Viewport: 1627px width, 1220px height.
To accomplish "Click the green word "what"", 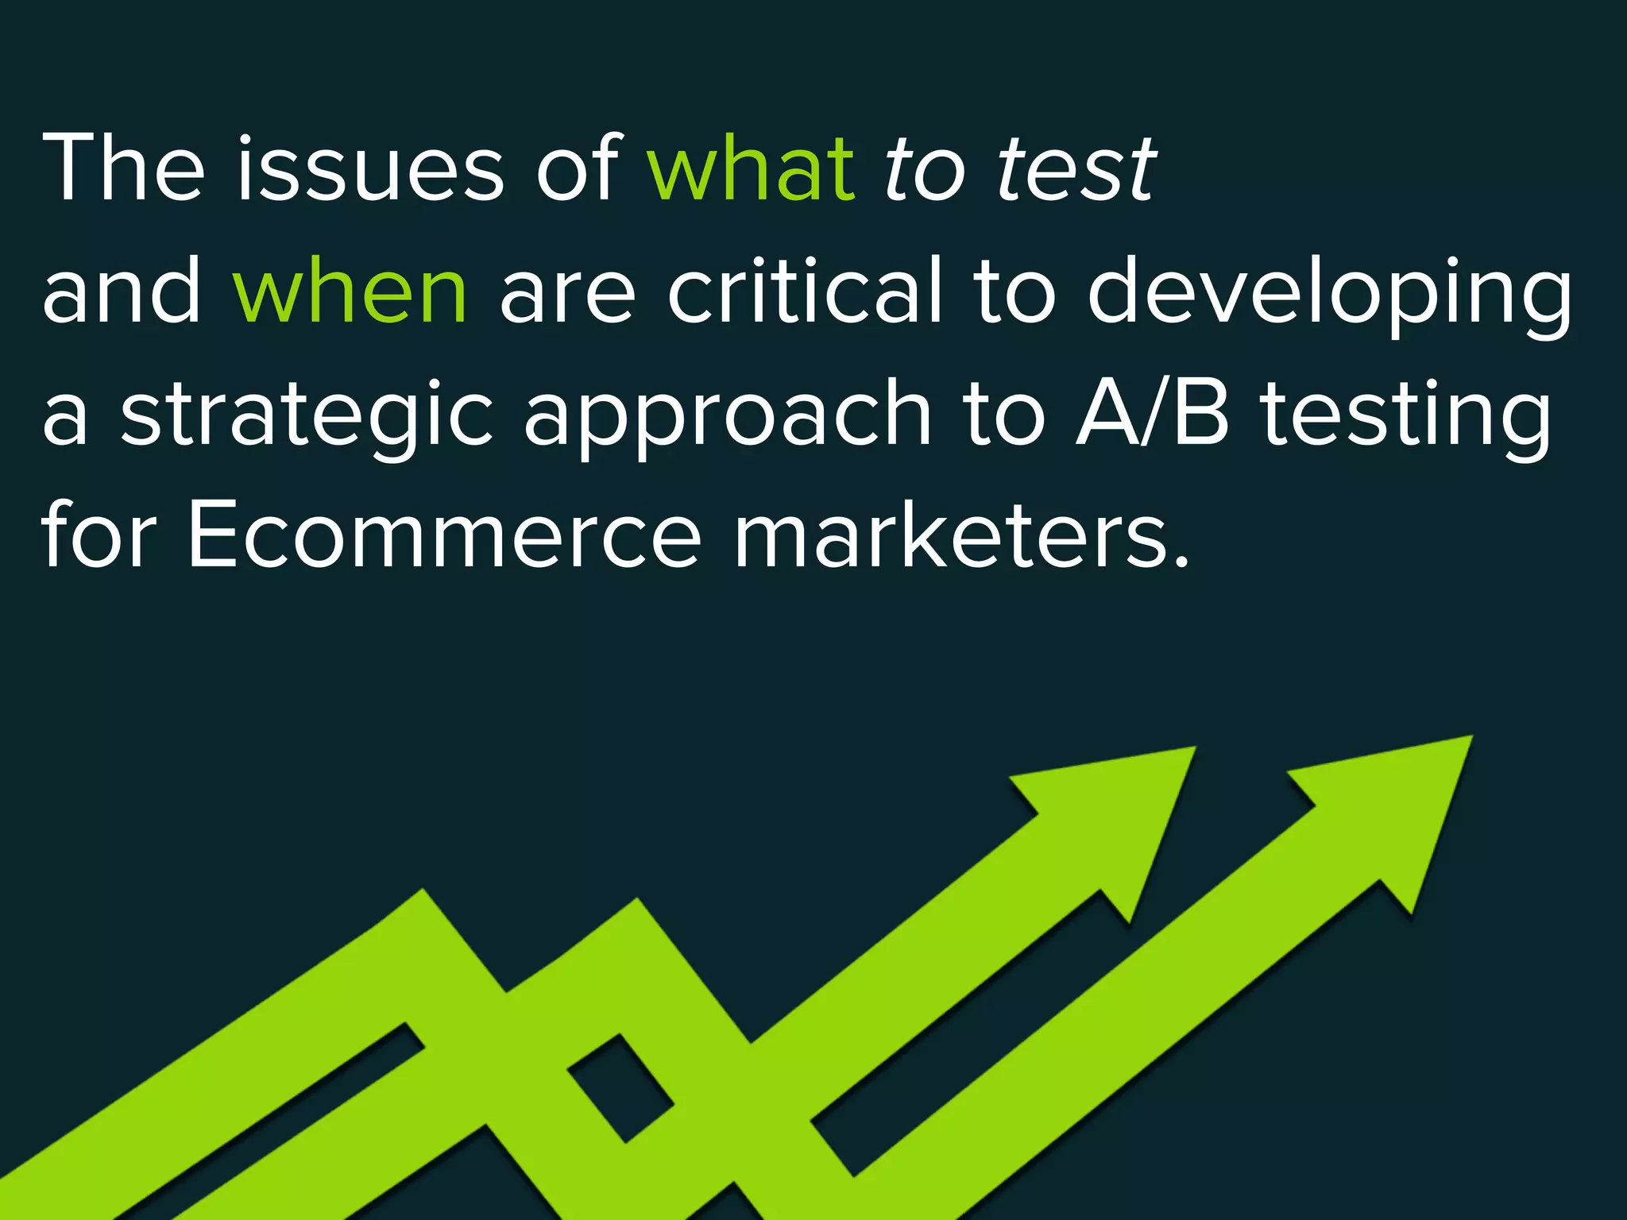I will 751,168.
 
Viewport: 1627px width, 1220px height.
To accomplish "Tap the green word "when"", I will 350,291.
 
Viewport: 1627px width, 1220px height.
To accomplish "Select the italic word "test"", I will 1076,168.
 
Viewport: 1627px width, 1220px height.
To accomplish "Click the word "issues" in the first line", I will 369,168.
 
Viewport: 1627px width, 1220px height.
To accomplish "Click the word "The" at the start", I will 123,168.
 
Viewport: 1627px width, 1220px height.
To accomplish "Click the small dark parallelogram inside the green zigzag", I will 620,1087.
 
